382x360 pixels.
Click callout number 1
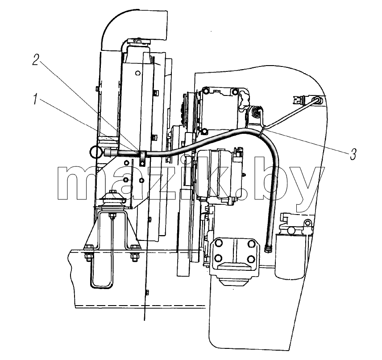(36, 99)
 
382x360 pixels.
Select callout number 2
(36, 60)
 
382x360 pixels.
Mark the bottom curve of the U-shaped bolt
(101, 286)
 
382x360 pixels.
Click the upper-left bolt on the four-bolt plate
(218, 244)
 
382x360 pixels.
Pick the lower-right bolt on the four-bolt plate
(251, 258)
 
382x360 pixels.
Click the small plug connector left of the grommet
(299, 99)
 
